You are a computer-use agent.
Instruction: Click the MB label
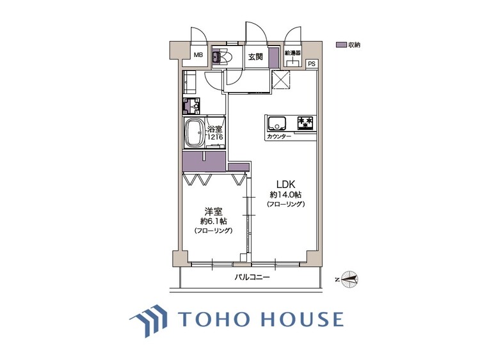click(x=198, y=56)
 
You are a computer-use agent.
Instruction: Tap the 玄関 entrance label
click(x=255, y=57)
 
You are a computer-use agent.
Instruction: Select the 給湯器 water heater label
click(x=292, y=53)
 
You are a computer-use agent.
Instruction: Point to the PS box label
click(x=312, y=64)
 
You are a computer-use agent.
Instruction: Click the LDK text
click(x=285, y=184)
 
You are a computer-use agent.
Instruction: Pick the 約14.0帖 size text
click(x=285, y=195)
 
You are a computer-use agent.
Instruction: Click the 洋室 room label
click(x=213, y=211)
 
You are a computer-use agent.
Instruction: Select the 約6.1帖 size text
click(x=213, y=221)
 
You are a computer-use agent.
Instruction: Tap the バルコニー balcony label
click(x=252, y=278)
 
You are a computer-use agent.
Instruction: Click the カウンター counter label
click(x=279, y=137)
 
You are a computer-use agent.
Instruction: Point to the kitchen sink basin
click(x=277, y=123)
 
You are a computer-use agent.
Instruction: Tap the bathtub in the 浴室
click(x=194, y=134)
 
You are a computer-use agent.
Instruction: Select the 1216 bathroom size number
click(x=215, y=137)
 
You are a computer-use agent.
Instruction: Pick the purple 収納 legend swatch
click(x=341, y=45)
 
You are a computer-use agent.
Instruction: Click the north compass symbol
click(x=349, y=279)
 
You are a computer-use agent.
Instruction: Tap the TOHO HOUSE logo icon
click(x=149, y=321)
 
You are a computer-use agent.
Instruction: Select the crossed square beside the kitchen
click(x=281, y=78)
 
